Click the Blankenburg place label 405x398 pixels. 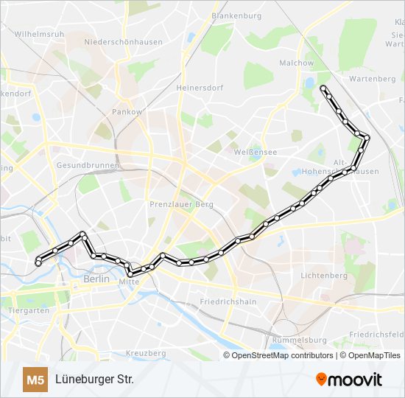click(236, 15)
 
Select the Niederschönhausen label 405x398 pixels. click(123, 42)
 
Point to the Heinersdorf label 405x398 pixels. click(200, 87)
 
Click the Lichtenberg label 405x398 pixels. click(323, 275)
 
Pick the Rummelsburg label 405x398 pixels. click(299, 340)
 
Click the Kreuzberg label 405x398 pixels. click(146, 354)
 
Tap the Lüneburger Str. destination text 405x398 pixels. click(94, 380)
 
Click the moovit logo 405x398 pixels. click(349, 380)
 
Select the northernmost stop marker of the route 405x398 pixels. click(323, 88)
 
